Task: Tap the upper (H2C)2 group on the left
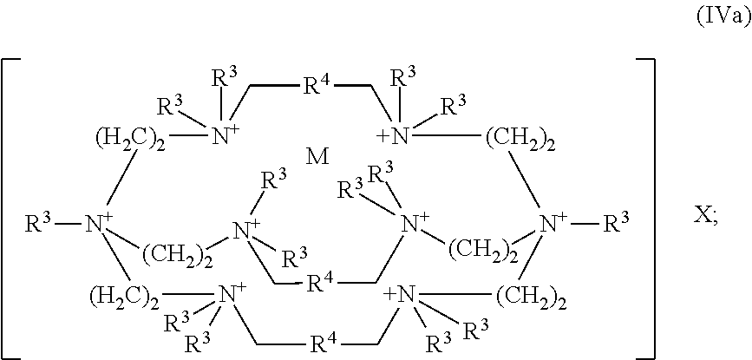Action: click(125, 141)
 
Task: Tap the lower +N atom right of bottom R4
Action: click(400, 293)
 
